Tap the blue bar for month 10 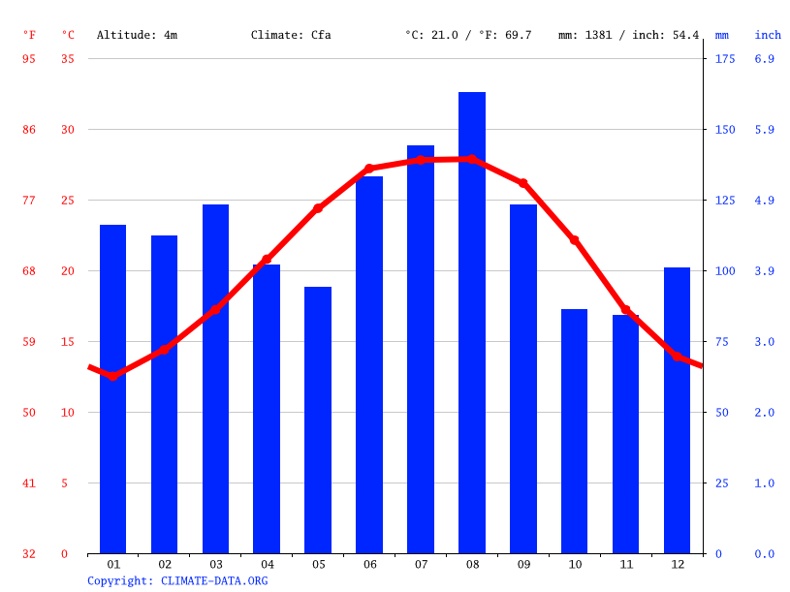574,431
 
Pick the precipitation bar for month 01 112,389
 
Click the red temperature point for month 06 369,169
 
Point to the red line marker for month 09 523,183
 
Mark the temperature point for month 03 215,310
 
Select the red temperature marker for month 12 677,356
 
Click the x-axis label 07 421,564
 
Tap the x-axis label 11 626,564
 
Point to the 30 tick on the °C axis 68,129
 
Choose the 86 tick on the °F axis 29,129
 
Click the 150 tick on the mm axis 725,129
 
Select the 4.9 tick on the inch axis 765,201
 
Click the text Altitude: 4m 137,35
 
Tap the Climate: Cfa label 291,35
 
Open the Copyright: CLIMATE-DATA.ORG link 177,580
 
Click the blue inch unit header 768,35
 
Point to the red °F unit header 29,35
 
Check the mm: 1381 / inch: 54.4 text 628,35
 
